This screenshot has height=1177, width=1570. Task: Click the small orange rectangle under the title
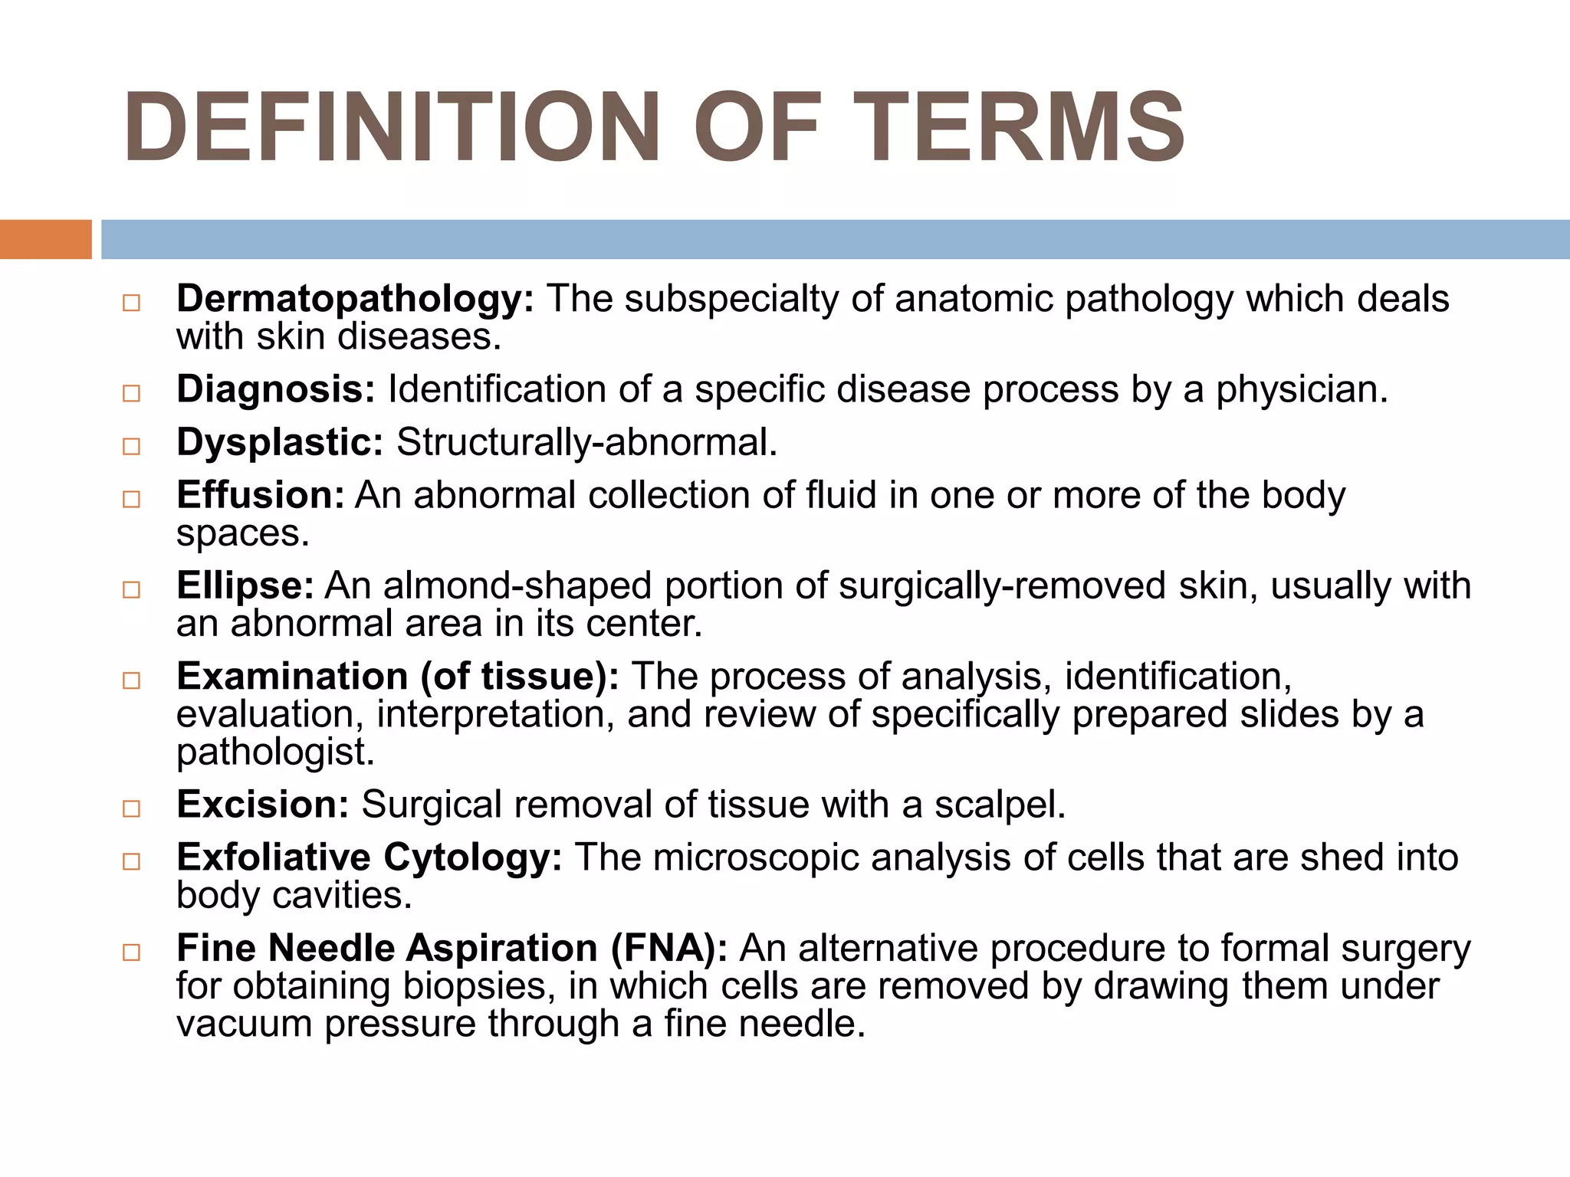point(45,239)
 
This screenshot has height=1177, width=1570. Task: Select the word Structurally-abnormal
point(586,443)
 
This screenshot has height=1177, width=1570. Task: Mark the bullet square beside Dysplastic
point(132,446)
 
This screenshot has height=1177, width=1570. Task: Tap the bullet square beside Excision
point(132,808)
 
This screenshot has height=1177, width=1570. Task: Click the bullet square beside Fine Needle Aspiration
point(132,952)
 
